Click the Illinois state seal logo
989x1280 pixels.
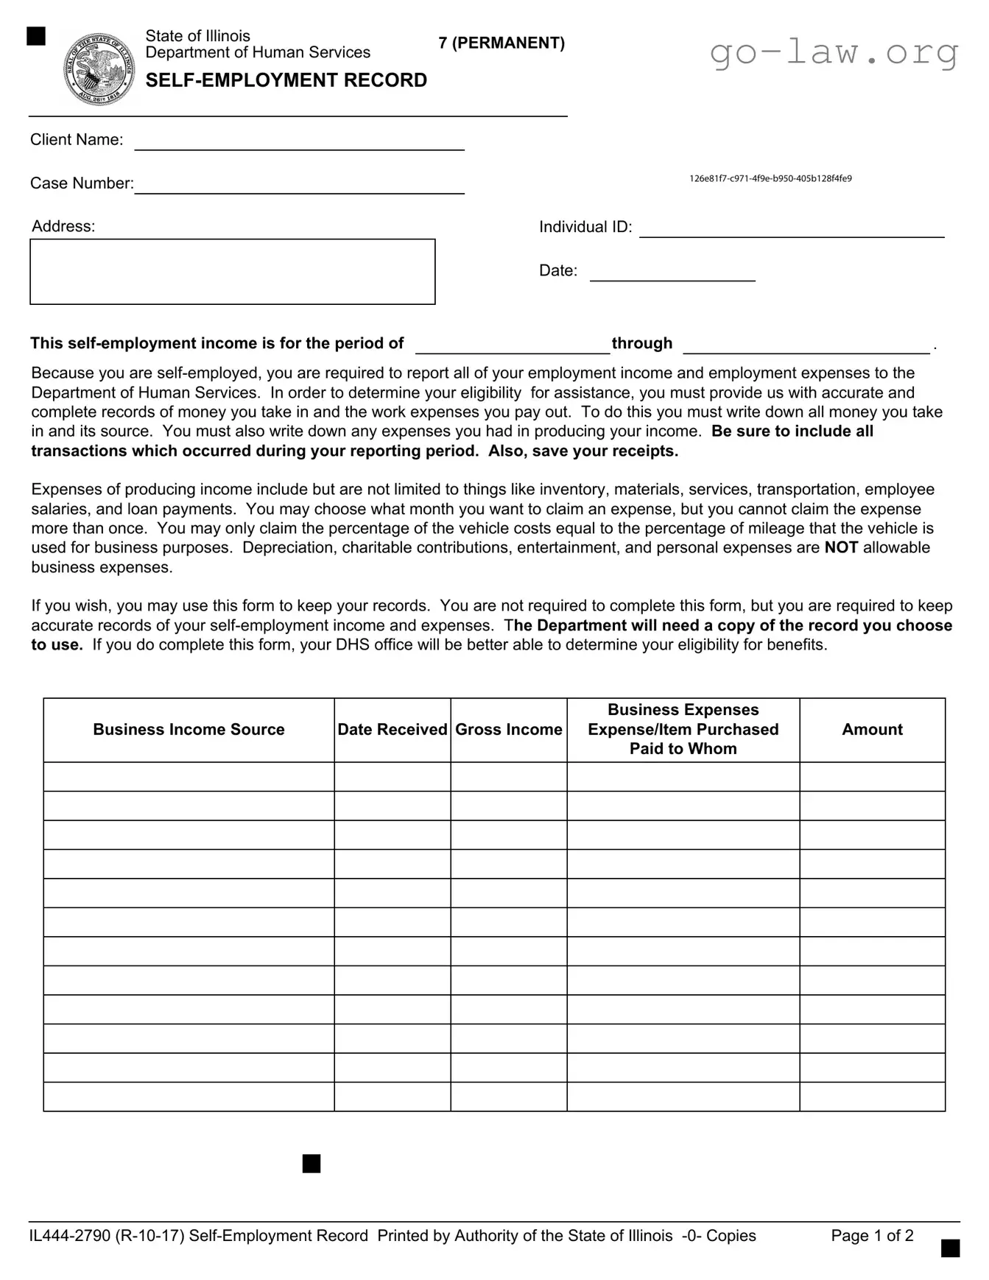tap(99, 70)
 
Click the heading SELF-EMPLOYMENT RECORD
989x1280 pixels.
tap(286, 80)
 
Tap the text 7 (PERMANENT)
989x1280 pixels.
tap(501, 43)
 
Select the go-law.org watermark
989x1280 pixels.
tap(834, 52)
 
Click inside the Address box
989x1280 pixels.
tap(232, 271)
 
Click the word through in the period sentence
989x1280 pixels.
tap(641, 343)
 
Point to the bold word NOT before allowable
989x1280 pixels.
tap(840, 547)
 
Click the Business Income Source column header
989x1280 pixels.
tap(189, 729)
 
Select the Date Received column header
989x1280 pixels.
tap(392, 729)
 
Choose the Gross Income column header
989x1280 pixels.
tap(508, 729)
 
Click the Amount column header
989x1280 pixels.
tap(872, 729)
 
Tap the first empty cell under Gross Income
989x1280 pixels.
tap(508, 776)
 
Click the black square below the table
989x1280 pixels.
tap(312, 1164)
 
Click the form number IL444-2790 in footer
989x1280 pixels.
tap(69, 1235)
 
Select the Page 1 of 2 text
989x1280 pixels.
tap(872, 1235)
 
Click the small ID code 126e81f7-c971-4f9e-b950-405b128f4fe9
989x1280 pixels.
tap(770, 178)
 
